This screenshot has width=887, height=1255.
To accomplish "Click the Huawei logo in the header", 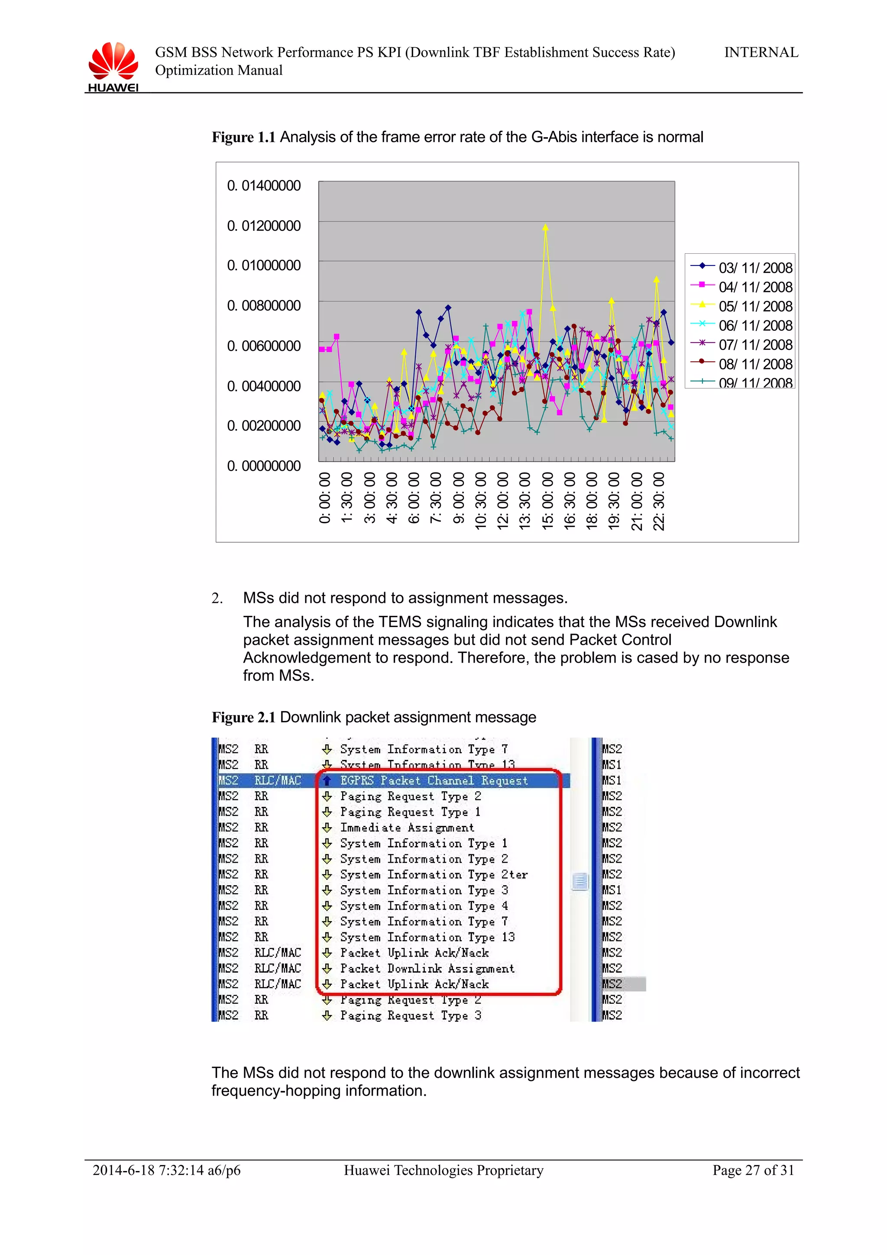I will tap(113, 65).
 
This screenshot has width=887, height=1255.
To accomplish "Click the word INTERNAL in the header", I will tap(761, 52).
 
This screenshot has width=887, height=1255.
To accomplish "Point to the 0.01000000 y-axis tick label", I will tap(263, 265).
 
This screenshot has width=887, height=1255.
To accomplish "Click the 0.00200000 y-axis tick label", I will tap(263, 426).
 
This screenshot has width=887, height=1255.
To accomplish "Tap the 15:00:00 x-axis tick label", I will tap(547, 501).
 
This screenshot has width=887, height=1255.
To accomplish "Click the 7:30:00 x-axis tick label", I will tap(436, 498).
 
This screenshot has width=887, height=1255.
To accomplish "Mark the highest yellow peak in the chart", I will tap(545, 228).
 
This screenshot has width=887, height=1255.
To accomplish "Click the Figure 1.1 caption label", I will tap(244, 137).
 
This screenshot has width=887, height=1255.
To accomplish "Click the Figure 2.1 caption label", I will tap(244, 717).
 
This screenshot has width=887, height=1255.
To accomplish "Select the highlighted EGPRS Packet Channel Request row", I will tap(434, 780).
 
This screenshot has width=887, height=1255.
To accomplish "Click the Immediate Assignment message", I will tap(407, 828).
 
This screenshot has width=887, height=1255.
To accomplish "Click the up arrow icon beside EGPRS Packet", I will tap(327, 780).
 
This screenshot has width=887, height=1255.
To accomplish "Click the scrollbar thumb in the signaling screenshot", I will tap(580, 881).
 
